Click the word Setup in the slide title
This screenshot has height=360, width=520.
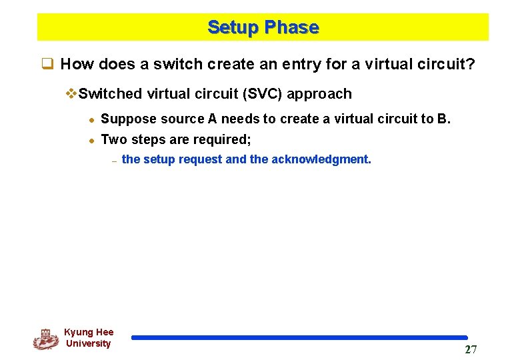coord(233,27)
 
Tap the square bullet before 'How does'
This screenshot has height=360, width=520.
coord(47,64)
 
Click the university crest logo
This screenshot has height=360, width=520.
coord(45,339)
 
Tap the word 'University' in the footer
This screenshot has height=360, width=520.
coord(88,344)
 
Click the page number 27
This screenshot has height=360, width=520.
coord(471,350)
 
